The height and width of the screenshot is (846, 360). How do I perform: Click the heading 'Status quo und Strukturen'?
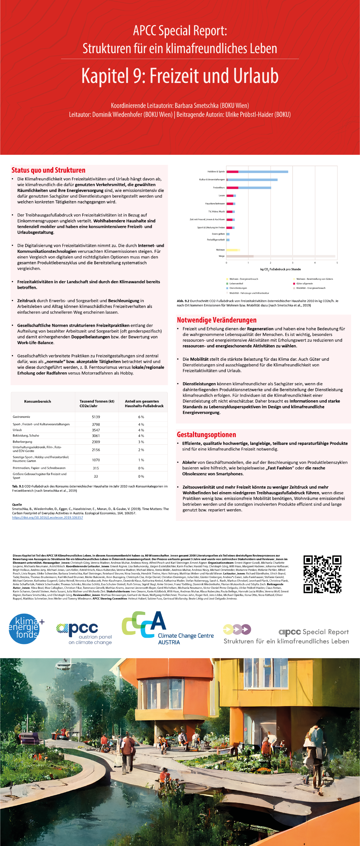pos(48,170)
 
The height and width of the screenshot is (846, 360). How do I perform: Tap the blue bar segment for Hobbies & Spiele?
pos(263,172)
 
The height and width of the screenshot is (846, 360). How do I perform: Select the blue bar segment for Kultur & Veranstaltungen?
pos(252,180)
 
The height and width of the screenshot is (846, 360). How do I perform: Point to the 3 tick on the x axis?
pos(293,263)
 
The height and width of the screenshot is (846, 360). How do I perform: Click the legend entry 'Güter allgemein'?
pos(305,283)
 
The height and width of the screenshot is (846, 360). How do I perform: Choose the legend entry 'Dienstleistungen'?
pos(238,288)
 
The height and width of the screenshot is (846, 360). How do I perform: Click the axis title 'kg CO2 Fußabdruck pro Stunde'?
pos(280,269)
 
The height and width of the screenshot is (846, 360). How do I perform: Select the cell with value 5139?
pos(96,417)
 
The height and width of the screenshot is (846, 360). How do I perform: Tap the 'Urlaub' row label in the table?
pos(17,430)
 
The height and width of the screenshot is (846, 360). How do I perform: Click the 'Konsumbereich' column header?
pos(38,401)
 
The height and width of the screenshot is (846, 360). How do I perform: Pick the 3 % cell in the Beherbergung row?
pos(141,442)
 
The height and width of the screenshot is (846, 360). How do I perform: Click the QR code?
pos(322,574)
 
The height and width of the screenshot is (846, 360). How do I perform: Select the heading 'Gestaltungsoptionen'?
pos(206,435)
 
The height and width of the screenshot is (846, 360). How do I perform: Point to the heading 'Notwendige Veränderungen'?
pos(216,320)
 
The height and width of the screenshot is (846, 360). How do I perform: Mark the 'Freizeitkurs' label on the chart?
pos(219,187)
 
